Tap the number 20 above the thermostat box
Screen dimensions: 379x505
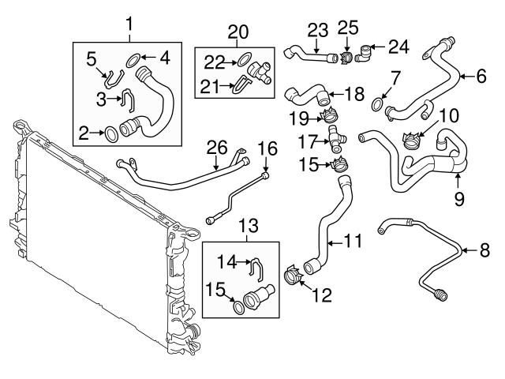(x=237, y=32)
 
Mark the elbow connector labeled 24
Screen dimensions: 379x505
(x=365, y=56)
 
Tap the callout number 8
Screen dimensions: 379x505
(x=484, y=251)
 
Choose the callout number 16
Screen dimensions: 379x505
(x=267, y=147)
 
